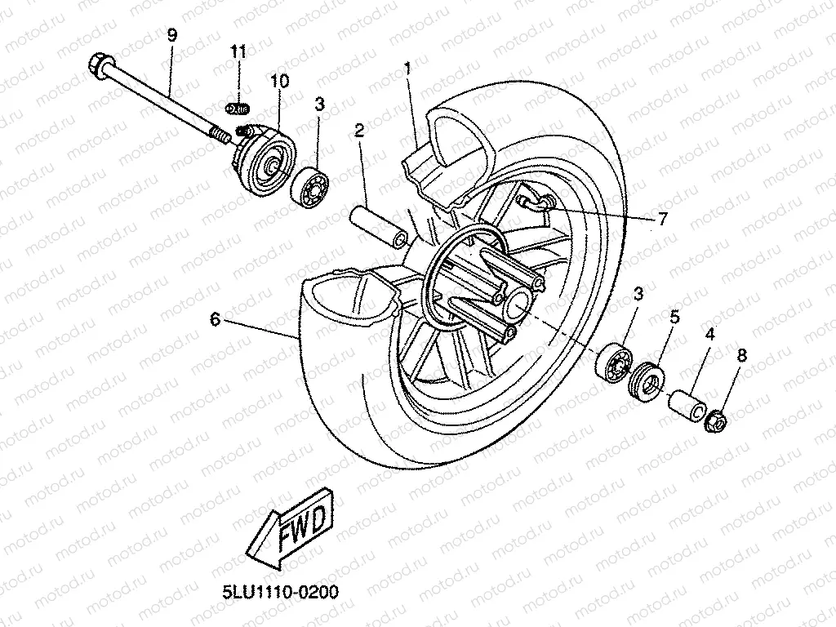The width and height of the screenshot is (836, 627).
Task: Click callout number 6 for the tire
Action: pos(215,319)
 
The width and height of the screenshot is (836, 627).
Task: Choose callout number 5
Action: pos(674,317)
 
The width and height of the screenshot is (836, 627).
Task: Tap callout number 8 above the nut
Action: pos(741,355)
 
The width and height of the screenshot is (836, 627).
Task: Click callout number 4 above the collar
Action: pos(709,333)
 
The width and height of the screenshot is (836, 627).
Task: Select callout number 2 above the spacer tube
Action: pos(358,130)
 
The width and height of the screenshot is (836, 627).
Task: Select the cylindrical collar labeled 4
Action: pos(687,405)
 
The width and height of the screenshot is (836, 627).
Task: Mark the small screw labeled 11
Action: pos(238,107)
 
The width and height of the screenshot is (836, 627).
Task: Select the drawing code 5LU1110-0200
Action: pos(280,591)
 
